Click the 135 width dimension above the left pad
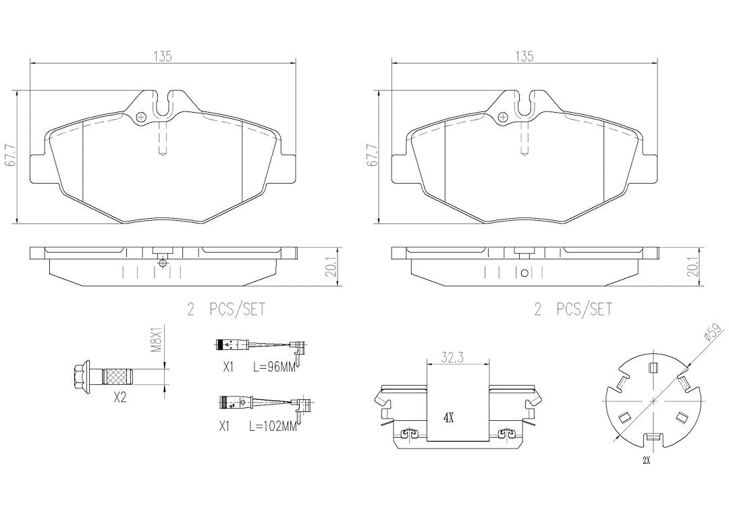click(x=163, y=56)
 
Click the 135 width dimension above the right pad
click(x=524, y=56)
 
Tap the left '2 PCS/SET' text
click(x=226, y=309)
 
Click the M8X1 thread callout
click(x=158, y=340)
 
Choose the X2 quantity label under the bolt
click(x=120, y=397)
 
